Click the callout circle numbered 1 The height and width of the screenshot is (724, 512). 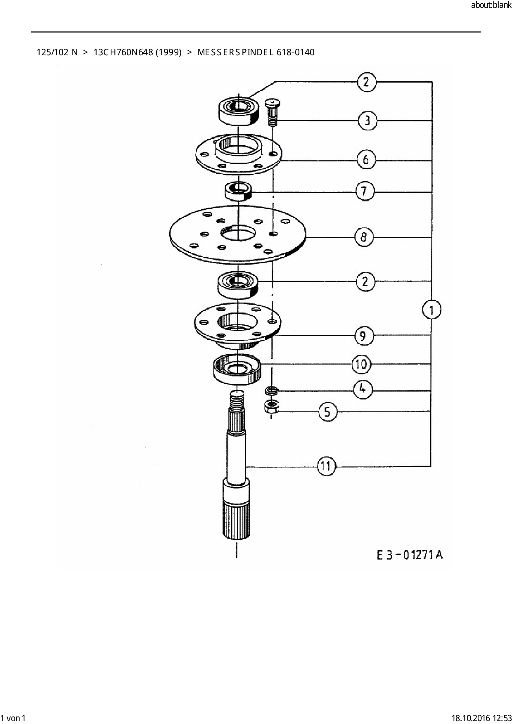pos(431,310)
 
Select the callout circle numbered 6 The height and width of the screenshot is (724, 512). pos(366,160)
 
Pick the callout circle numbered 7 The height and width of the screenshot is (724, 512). pos(364,192)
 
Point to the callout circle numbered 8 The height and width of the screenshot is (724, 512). pos(363,237)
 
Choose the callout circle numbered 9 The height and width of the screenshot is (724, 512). pos(363,336)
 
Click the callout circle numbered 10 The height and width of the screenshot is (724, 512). pos(361,364)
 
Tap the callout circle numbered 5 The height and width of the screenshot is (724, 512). pos(327,412)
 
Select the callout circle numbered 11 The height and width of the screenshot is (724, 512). pos(326,466)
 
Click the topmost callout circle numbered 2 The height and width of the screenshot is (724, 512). pos(366,82)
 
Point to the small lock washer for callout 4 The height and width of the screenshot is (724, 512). pos(272,390)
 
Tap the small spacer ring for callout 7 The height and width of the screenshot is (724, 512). pos(238,191)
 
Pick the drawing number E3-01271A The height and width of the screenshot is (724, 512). pos(409,555)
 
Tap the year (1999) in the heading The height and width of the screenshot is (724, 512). pos(168,52)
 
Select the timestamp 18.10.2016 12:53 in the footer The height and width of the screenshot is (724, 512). pos(481,718)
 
